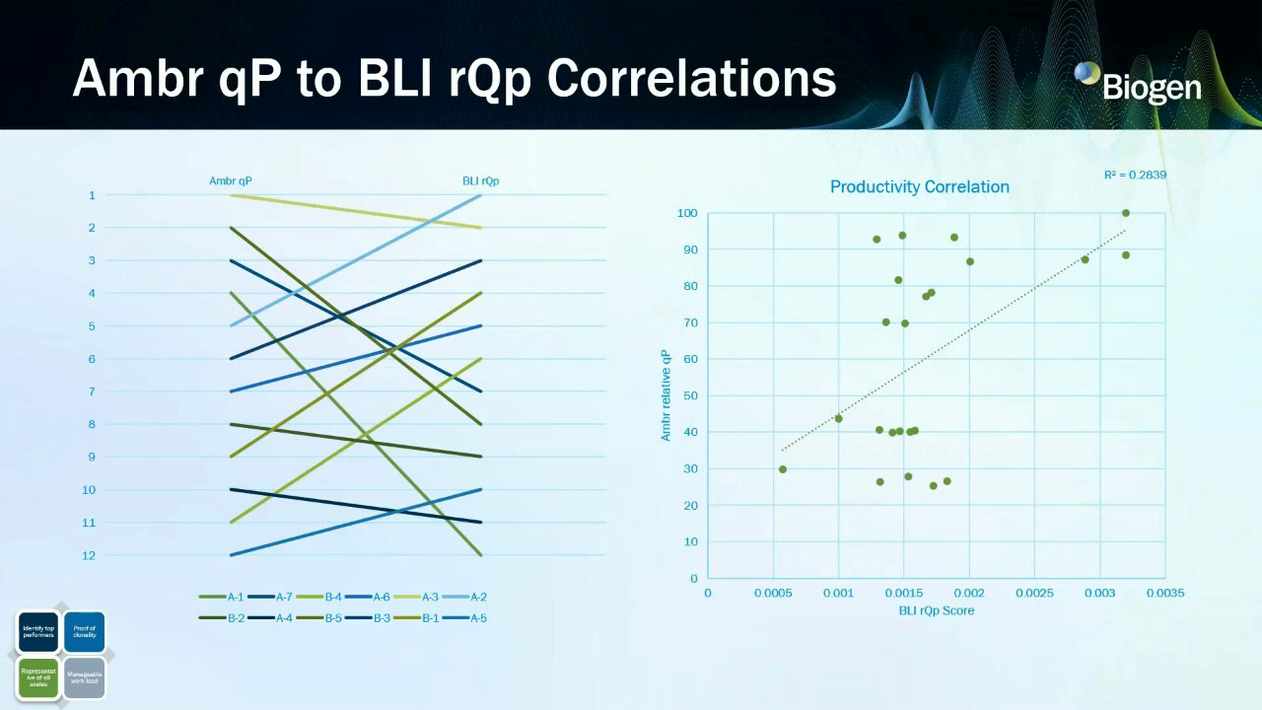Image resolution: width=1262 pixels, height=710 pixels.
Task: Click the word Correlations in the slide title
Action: [691, 77]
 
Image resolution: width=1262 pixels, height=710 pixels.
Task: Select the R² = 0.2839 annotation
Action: [1135, 176]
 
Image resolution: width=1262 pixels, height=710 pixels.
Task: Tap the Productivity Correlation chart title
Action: [919, 186]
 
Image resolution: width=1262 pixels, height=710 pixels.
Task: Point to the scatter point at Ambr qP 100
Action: [1125, 213]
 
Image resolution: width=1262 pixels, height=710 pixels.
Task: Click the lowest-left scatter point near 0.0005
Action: [783, 469]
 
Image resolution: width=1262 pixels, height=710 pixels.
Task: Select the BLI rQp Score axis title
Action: [936, 610]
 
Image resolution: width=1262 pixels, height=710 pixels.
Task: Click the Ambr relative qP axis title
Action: [666, 394]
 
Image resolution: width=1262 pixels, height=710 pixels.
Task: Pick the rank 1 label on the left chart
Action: [92, 195]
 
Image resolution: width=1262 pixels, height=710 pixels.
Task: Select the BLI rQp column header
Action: [480, 180]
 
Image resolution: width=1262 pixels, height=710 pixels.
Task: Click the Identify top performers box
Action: [38, 632]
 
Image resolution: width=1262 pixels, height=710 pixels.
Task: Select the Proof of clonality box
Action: [84, 632]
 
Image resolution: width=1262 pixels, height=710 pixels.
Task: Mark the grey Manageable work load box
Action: [84, 677]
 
